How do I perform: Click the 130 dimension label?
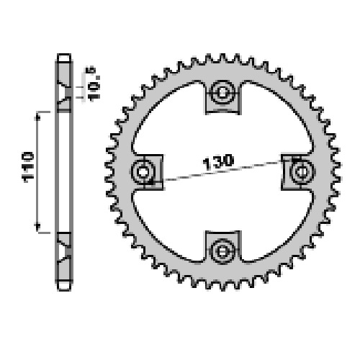click(218, 162)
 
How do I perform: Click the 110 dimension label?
click(28, 167)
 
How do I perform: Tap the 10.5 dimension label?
click(92, 84)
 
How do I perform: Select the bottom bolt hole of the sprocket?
click(222, 251)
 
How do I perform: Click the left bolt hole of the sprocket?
click(143, 172)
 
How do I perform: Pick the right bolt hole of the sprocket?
click(302, 172)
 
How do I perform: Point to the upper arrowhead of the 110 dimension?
click(37, 117)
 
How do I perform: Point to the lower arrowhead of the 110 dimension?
click(37, 228)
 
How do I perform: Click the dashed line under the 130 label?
click(222, 171)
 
